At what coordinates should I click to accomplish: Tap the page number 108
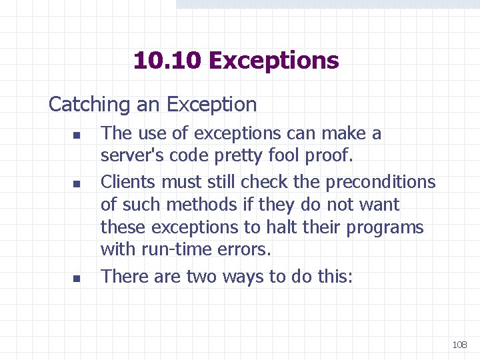click(x=459, y=345)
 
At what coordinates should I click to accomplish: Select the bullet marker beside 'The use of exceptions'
click(x=77, y=135)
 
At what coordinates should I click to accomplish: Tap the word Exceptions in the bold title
click(x=273, y=61)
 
